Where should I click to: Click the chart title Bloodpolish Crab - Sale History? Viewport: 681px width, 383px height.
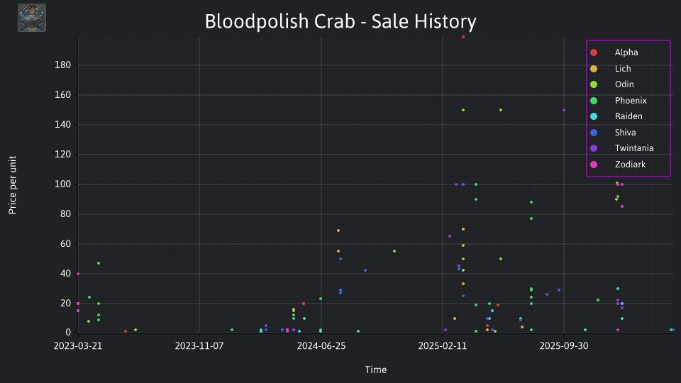point(340,21)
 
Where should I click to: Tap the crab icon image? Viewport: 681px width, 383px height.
point(32,18)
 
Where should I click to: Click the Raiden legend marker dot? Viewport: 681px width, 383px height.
point(594,116)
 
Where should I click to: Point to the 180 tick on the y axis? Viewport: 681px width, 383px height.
point(63,65)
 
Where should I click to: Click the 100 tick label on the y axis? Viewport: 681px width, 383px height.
point(63,184)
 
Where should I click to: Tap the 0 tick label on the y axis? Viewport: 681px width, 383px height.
point(68,333)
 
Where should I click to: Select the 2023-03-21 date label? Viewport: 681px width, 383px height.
point(78,345)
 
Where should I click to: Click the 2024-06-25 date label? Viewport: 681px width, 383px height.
point(321,345)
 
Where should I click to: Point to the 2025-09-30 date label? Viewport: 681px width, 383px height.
point(564,345)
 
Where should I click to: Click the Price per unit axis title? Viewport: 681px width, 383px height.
point(13,185)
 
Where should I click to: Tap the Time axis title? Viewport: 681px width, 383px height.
point(376,370)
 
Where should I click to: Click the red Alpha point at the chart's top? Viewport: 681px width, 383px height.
point(463,37)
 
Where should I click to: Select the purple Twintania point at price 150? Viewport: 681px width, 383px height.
point(564,110)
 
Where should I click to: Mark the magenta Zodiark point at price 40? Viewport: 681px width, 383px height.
point(78,274)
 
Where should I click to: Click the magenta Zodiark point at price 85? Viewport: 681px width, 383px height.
point(622,206)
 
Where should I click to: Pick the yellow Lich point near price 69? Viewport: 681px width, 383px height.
point(338,231)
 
